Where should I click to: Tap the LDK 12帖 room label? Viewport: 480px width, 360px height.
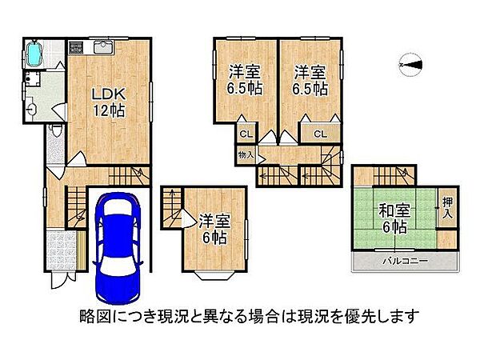[x=106, y=101]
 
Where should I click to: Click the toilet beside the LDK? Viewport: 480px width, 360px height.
[x=56, y=130]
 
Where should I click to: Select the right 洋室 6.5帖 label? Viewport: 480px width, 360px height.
[x=309, y=78]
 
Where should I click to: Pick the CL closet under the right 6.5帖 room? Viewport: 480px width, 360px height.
[x=318, y=134]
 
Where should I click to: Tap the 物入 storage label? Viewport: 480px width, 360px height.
[x=246, y=154]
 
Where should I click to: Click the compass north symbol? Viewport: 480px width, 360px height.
[x=410, y=65]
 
